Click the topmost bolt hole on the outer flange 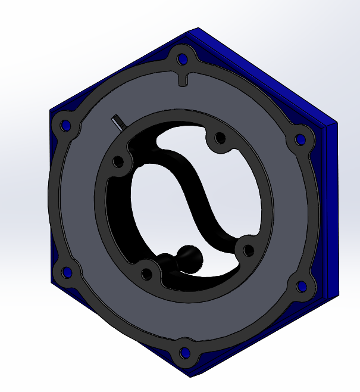[182, 60]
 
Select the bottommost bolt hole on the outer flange [184, 353]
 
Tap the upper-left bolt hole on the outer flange [65, 126]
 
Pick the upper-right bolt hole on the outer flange [301, 139]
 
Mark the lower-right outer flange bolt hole [302, 288]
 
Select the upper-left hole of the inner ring [118, 161]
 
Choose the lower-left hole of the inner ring [146, 274]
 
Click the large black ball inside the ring [190, 257]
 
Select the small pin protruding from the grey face [118, 121]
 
